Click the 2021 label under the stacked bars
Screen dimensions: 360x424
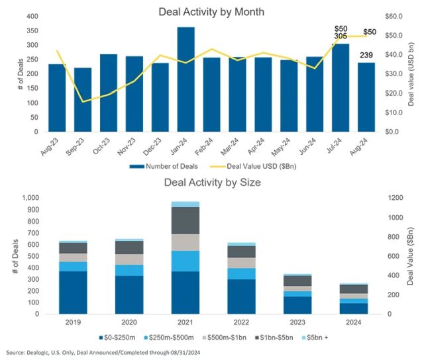point(185,323)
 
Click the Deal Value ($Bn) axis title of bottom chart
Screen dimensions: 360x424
point(411,255)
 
